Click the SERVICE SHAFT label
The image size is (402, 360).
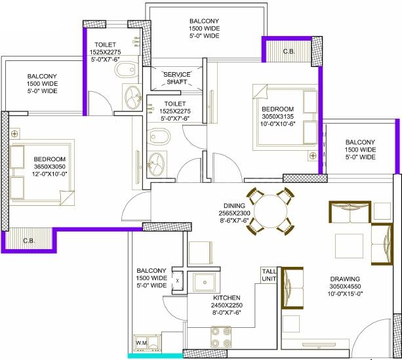click(x=177, y=78)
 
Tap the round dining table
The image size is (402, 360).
click(x=270, y=212)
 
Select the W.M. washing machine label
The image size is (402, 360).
click(x=141, y=343)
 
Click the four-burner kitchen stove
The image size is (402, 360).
click(x=221, y=337)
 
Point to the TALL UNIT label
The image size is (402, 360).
click(x=269, y=275)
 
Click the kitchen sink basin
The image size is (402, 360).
click(x=205, y=283)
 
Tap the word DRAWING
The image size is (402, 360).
click(x=345, y=279)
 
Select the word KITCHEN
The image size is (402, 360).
click(x=227, y=298)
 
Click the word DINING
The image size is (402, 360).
click(x=234, y=206)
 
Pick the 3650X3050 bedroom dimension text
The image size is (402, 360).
click(x=49, y=167)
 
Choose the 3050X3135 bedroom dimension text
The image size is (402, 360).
click(x=277, y=117)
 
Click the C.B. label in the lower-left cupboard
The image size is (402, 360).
click(x=29, y=241)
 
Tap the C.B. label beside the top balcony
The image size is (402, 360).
click(x=289, y=52)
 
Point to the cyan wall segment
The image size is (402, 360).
click(x=155, y=356)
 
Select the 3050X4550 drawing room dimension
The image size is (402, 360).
click(x=345, y=287)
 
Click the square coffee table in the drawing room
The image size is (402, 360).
click(x=350, y=246)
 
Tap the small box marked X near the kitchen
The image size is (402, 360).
click(x=178, y=281)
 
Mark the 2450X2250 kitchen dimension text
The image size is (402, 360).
click(x=227, y=305)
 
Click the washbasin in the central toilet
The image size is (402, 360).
click(x=156, y=163)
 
